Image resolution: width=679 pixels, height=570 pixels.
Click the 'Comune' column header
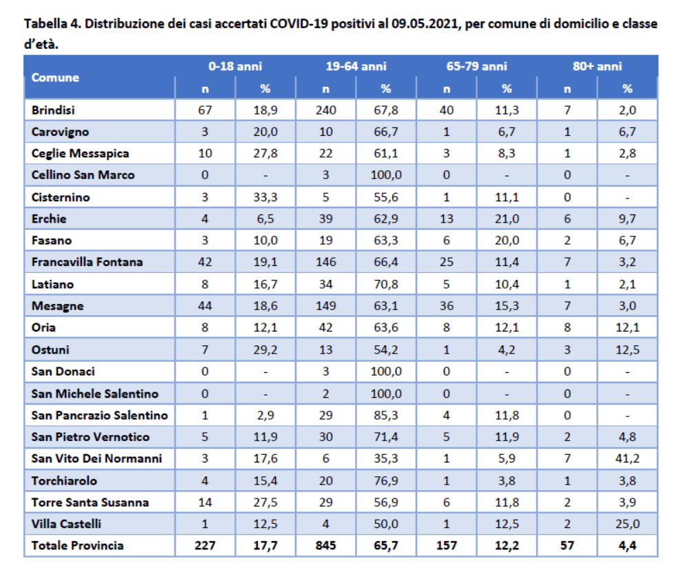pos(55,77)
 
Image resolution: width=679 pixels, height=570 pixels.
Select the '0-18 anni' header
pos(235,66)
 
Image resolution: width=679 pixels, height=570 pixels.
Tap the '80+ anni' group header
pos(597,66)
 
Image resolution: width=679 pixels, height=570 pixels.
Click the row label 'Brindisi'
pos(53,110)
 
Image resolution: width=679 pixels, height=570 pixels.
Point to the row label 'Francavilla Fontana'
pos(87,262)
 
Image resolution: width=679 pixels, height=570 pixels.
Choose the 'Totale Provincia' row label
pos(77,545)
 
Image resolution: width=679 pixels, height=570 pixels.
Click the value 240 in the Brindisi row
pos(325,110)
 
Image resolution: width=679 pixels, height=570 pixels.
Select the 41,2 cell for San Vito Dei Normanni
pos(627,458)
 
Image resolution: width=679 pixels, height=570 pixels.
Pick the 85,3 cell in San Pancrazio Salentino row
pos(386,416)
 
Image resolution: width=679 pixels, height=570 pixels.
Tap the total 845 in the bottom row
pos(325,545)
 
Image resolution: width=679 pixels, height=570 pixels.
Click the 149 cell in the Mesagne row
pos(325,306)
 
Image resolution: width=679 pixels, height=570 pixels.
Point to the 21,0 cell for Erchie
pos(507,218)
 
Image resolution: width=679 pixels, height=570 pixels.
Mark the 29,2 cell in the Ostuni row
pos(265,349)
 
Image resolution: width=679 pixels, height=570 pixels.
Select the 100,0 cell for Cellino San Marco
pos(386,175)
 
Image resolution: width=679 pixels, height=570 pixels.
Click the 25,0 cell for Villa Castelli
pos(627,524)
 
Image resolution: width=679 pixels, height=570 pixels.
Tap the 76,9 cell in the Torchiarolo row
pos(386,481)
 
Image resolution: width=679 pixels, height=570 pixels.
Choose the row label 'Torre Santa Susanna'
pos(90,502)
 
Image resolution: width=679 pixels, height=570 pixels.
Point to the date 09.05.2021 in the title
pos(425,23)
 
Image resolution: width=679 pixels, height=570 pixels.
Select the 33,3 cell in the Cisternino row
pos(265,197)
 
